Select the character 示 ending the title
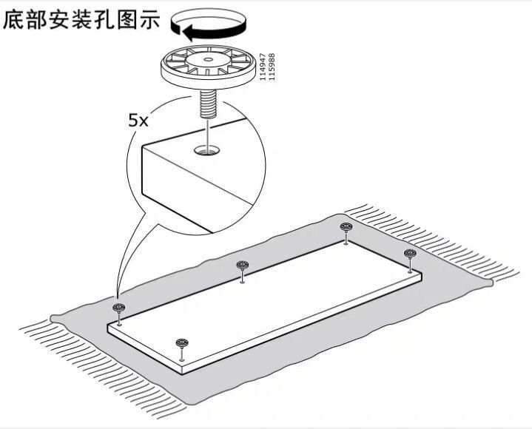(149, 20)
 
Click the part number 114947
(262, 67)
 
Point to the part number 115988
(272, 67)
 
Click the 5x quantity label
(138, 121)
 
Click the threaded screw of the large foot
(207, 104)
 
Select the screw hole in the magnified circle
(206, 150)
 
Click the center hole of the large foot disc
(209, 60)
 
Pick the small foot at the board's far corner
(346, 233)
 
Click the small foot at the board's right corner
(410, 261)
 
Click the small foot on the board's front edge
(182, 349)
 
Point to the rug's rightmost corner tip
(492, 282)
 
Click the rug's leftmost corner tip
(51, 318)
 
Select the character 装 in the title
(82, 20)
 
